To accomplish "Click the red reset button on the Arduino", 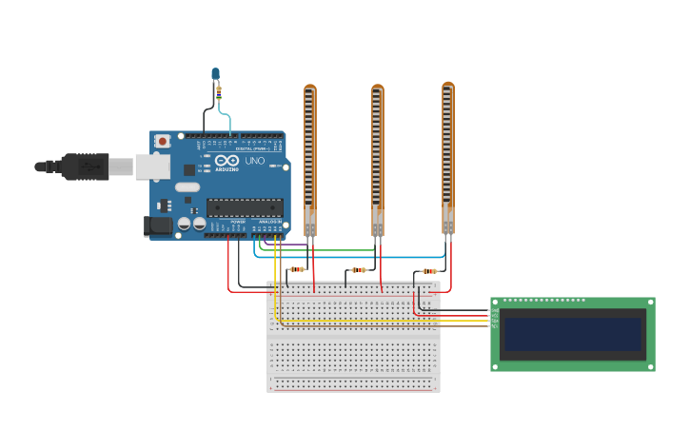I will click(163, 141).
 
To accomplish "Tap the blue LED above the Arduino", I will click(216, 73).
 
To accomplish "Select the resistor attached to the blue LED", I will click(220, 92).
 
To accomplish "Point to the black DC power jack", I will click(157, 225).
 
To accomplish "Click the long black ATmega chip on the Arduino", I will click(245, 207).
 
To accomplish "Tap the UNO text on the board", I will click(255, 161).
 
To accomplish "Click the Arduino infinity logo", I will click(227, 162).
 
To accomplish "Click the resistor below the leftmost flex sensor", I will click(298, 269).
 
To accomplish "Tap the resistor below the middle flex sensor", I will click(359, 269).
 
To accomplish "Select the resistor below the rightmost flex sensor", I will click(429, 271).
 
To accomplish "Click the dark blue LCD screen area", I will click(573, 335).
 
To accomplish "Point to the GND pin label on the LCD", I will click(495, 310).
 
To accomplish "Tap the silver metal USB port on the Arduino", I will click(151, 167).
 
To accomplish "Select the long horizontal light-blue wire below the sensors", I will click(352, 257).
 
